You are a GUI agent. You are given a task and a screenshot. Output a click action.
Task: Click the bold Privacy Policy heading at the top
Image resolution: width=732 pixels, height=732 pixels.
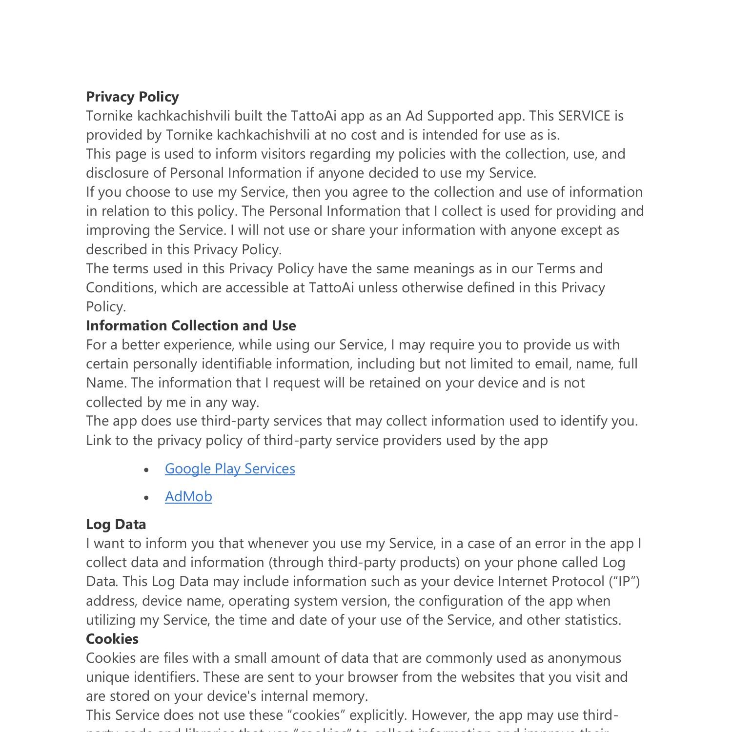point(132,97)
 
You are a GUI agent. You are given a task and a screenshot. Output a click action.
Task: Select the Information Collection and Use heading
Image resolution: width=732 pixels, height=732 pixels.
point(191,325)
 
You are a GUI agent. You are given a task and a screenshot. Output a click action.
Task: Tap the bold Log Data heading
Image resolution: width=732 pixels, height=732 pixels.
point(116,524)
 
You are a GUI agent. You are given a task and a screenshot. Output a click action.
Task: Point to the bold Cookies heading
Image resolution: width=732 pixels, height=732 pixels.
point(112,639)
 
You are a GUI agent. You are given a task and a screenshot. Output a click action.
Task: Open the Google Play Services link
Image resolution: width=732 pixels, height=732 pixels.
point(230,468)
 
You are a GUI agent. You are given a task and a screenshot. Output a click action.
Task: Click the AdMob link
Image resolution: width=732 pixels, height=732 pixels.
point(188,496)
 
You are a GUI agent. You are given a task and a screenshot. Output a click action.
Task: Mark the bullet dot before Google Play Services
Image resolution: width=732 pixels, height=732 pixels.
point(146,469)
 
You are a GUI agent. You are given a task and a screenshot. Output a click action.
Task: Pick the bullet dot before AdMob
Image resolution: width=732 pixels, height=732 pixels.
point(146,497)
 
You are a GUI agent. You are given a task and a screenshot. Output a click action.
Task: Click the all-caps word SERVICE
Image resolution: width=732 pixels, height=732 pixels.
point(585,116)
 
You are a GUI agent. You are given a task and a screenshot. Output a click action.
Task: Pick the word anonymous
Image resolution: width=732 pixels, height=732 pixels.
point(584,658)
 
